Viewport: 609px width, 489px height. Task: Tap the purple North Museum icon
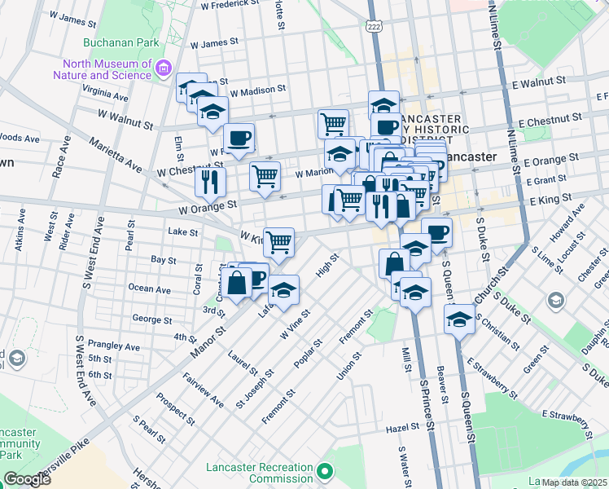pos(164,67)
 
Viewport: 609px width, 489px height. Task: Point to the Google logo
pos(27,479)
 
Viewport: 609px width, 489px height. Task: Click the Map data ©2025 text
pos(574,482)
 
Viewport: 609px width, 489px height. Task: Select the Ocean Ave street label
pos(150,289)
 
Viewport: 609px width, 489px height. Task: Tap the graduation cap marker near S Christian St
pos(459,319)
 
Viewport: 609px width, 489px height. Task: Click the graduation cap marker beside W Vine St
pos(283,291)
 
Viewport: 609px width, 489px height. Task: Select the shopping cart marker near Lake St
pos(278,242)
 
